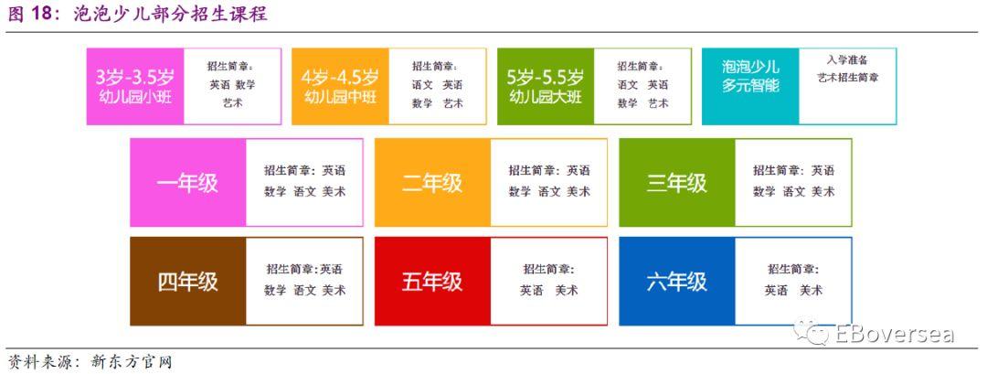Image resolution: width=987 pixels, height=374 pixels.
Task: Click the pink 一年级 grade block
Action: [x=188, y=183]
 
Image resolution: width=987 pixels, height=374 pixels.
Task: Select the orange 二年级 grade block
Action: [x=432, y=183]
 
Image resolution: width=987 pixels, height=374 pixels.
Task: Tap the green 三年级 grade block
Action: [x=676, y=183]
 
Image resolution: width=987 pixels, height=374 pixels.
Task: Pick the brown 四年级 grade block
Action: [x=188, y=282]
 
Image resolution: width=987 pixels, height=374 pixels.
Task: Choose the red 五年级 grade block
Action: [x=432, y=282]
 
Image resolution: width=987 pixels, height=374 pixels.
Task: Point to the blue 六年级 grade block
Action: [x=676, y=282]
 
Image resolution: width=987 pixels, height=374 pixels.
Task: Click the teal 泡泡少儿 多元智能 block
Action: [x=750, y=87]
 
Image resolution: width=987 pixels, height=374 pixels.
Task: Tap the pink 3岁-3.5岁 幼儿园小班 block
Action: [x=134, y=87]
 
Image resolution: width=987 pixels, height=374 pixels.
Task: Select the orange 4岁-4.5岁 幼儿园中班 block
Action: [x=340, y=87]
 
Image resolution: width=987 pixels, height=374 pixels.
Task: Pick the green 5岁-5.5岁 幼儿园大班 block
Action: [x=546, y=87]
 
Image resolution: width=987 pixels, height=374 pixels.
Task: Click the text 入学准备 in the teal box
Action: [x=847, y=60]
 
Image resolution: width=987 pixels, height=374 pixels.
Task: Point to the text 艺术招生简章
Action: [x=847, y=78]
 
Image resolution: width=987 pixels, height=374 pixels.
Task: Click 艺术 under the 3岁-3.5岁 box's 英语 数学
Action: [x=232, y=103]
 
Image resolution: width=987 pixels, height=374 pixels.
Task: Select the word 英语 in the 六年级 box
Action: [x=776, y=290]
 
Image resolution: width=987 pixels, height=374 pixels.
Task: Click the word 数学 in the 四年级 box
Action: [x=275, y=290]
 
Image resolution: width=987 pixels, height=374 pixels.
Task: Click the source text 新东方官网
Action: [x=131, y=362]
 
